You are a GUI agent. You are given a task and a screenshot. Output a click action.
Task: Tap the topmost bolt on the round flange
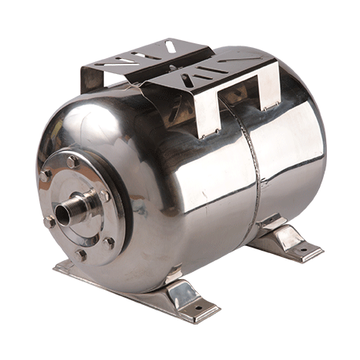[72, 162]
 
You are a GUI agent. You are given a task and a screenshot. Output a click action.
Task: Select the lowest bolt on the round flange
[80, 253]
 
